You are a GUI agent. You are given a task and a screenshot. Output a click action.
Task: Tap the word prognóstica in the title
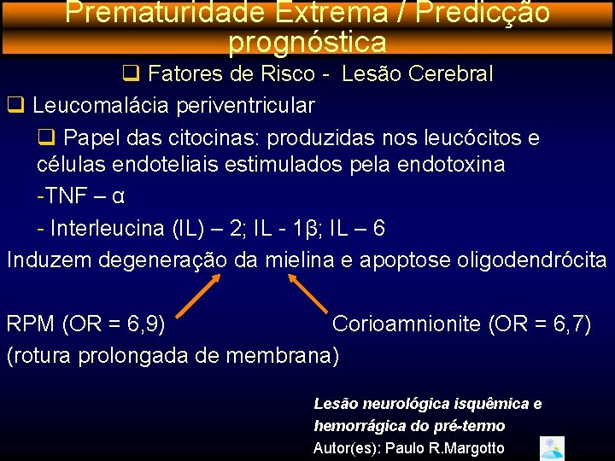pyautogui.click(x=307, y=40)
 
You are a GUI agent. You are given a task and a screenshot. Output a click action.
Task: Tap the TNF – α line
pyautogui.click(x=81, y=196)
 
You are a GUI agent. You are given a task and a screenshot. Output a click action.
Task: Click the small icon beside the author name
pyautogui.click(x=553, y=448)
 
